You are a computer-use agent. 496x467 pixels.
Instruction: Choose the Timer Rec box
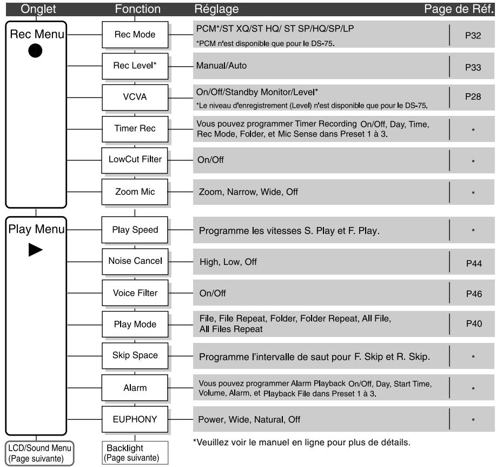point(135,129)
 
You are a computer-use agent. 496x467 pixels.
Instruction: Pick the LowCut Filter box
point(135,161)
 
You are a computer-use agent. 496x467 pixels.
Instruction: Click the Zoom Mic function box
point(135,191)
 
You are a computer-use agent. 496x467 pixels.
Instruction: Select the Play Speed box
point(135,230)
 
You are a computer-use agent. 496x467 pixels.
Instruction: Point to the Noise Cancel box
point(135,262)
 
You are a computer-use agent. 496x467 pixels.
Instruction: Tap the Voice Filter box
point(135,293)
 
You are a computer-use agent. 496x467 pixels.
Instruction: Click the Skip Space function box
point(135,355)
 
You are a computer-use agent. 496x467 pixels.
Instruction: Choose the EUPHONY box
point(135,419)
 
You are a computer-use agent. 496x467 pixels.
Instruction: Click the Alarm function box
point(135,388)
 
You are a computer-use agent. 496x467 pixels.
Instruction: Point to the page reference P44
point(472,264)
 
